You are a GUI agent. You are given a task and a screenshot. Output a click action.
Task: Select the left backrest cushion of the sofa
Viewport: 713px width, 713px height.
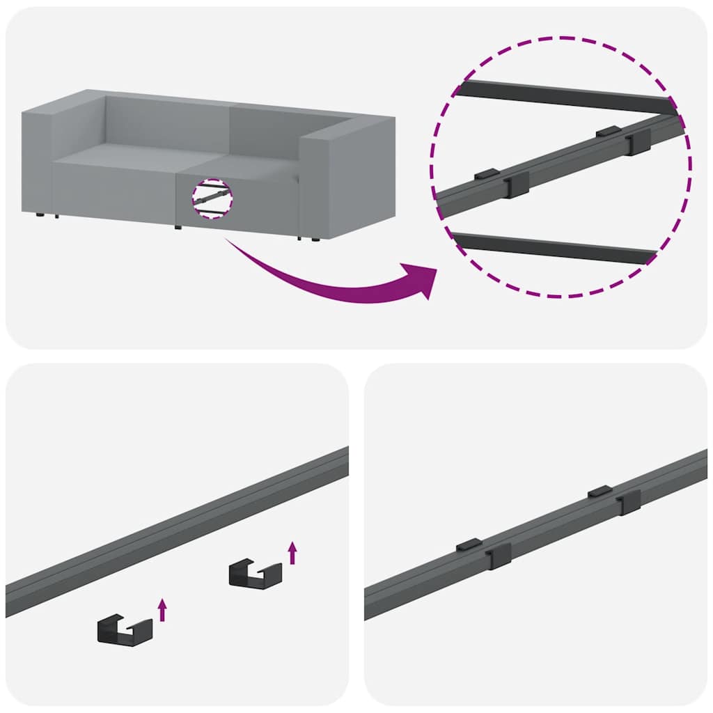pyautogui.click(x=167, y=122)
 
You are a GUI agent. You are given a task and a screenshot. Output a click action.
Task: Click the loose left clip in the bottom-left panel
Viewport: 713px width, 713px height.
pyautogui.click(x=124, y=629)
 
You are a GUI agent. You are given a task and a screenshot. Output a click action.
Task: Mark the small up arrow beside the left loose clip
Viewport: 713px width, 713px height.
pyautogui.click(x=162, y=609)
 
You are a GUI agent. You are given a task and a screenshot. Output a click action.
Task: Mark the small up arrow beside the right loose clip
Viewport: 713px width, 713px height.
pyautogui.click(x=292, y=552)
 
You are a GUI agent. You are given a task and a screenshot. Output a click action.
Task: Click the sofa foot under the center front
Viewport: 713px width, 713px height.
pyautogui.click(x=178, y=227)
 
